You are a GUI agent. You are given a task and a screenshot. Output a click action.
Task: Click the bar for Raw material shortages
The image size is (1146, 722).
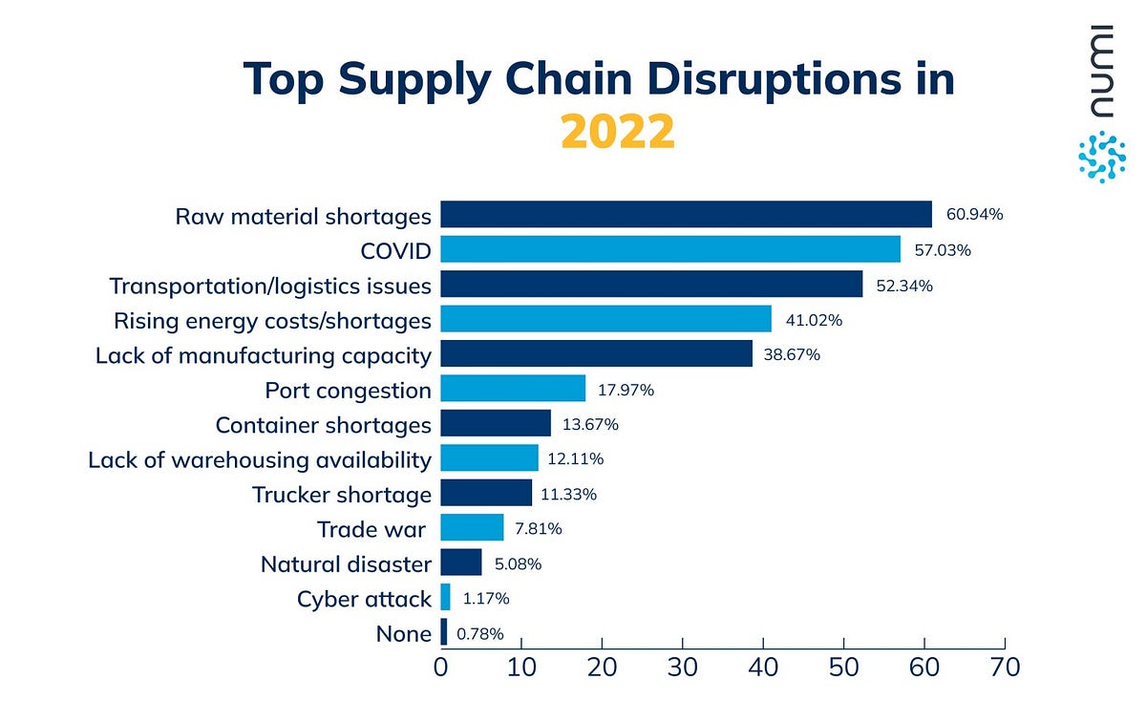686,215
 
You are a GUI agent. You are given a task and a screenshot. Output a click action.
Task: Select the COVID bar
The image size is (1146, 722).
669,250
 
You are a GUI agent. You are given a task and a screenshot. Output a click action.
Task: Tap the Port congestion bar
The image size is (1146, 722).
513,389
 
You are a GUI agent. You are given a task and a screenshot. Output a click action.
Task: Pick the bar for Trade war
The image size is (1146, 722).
472,528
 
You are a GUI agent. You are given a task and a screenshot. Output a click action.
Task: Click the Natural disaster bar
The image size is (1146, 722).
461,563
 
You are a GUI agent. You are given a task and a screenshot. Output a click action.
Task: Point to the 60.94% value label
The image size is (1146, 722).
974,215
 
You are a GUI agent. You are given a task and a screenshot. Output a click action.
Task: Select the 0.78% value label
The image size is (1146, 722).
480,632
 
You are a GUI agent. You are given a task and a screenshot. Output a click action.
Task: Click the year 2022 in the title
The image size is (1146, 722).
618,132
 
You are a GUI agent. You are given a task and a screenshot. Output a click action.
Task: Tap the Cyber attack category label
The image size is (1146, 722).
364,599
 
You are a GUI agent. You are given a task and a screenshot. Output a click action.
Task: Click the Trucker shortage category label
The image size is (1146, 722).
342,494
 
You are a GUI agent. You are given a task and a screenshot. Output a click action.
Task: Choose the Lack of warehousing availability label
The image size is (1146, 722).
260,459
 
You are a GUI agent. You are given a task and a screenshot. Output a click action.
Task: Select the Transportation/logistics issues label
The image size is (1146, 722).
270,286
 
